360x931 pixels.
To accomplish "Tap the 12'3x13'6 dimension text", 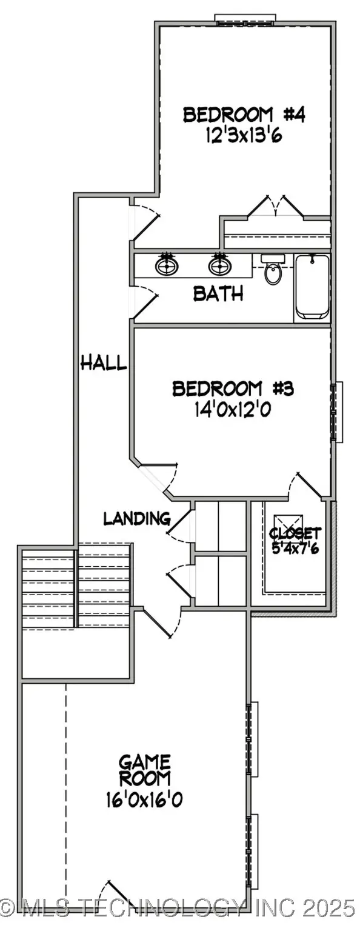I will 235,135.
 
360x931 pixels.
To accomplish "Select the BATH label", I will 218,294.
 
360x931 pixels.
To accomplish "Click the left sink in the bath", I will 166,265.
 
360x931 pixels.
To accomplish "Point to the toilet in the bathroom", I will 273,273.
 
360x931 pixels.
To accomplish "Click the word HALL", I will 104,363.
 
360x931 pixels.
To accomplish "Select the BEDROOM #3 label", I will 233,388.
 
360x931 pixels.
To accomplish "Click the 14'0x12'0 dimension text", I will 232,410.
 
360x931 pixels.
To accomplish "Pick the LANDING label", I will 136,518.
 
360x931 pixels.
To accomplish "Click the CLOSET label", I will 295,533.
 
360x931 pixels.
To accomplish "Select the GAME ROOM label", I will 144,770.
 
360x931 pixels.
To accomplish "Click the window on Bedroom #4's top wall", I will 246,19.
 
